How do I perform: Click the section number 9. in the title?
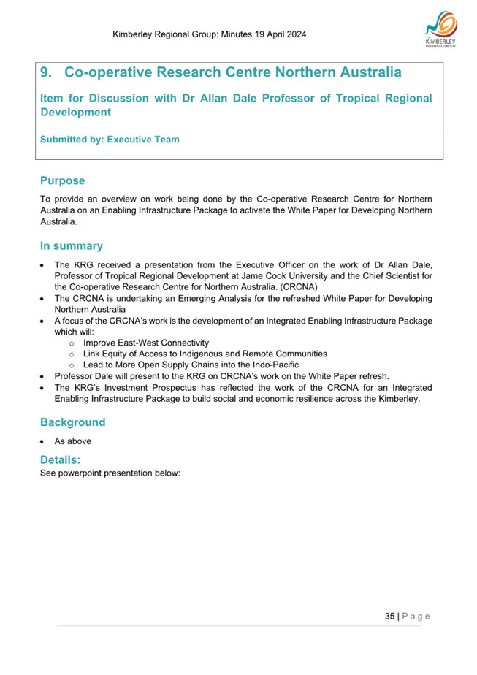click(47, 73)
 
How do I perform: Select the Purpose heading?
click(62, 180)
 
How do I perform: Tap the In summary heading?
click(71, 245)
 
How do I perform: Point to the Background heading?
click(72, 422)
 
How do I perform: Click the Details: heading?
click(61, 460)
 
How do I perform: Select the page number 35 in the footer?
click(390, 616)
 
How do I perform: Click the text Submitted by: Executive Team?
click(110, 139)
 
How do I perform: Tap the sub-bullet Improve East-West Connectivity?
click(146, 343)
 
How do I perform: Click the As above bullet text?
click(72, 441)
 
